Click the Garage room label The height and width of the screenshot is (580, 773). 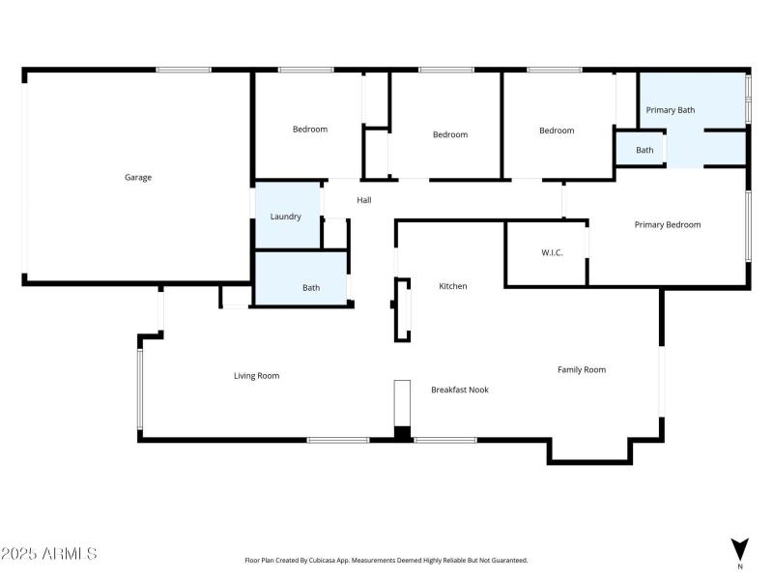138,178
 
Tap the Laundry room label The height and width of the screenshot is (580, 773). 285,217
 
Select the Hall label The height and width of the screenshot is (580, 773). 364,200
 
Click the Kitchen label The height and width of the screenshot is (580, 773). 453,286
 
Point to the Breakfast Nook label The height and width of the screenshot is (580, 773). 459,390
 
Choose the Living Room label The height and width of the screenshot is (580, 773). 256,376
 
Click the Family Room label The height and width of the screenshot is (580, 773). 582,369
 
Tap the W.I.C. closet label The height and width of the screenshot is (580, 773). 552,253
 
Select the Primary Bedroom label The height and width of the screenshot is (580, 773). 667,224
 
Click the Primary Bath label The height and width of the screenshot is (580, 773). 671,110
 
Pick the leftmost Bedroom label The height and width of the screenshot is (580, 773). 310,130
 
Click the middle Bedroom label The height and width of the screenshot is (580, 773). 450,134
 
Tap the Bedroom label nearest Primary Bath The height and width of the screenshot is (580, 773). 557,130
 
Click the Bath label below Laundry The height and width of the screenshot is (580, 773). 311,287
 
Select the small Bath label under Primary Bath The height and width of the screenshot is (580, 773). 644,150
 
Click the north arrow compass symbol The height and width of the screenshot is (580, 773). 740,548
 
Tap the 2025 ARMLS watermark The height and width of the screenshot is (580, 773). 48,554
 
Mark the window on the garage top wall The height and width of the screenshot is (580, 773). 184,70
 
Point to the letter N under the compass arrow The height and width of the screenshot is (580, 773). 740,565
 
